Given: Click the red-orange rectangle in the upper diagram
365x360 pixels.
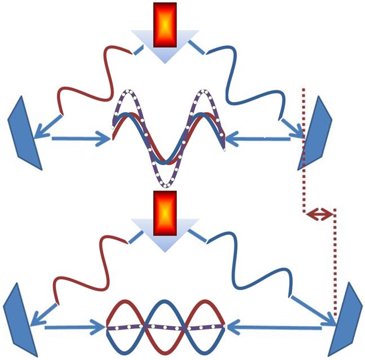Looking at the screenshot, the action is (x=164, y=24).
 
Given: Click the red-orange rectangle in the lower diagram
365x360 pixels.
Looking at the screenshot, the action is (x=164, y=213).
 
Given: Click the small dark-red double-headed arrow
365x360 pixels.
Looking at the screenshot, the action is (x=319, y=214).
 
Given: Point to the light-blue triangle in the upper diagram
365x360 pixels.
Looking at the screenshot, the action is (x=164, y=51).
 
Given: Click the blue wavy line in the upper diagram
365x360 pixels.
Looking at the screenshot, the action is (x=248, y=85).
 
